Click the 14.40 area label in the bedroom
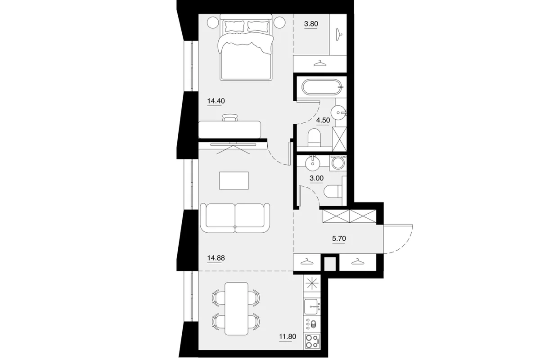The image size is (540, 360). (x=216, y=101)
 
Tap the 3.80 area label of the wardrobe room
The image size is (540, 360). (x=311, y=24)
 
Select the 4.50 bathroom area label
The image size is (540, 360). (x=323, y=120)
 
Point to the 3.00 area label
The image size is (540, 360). (x=316, y=178)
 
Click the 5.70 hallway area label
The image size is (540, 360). (x=339, y=238)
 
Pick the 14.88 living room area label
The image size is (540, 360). (x=216, y=258)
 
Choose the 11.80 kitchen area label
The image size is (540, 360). (x=288, y=336)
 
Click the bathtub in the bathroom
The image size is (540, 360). (x=323, y=87)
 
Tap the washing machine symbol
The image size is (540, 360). (x=338, y=163)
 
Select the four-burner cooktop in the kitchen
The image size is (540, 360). (x=312, y=341)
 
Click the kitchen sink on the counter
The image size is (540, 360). (x=312, y=306)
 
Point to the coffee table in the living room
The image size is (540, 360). (x=234, y=180)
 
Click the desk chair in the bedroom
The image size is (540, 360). (x=230, y=117)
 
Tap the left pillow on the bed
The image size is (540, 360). (x=234, y=26)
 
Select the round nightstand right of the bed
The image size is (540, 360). (x=279, y=22)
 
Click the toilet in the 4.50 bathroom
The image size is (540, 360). (x=315, y=138)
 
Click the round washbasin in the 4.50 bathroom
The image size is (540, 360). (x=338, y=112)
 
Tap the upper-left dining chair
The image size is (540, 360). (x=218, y=298)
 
